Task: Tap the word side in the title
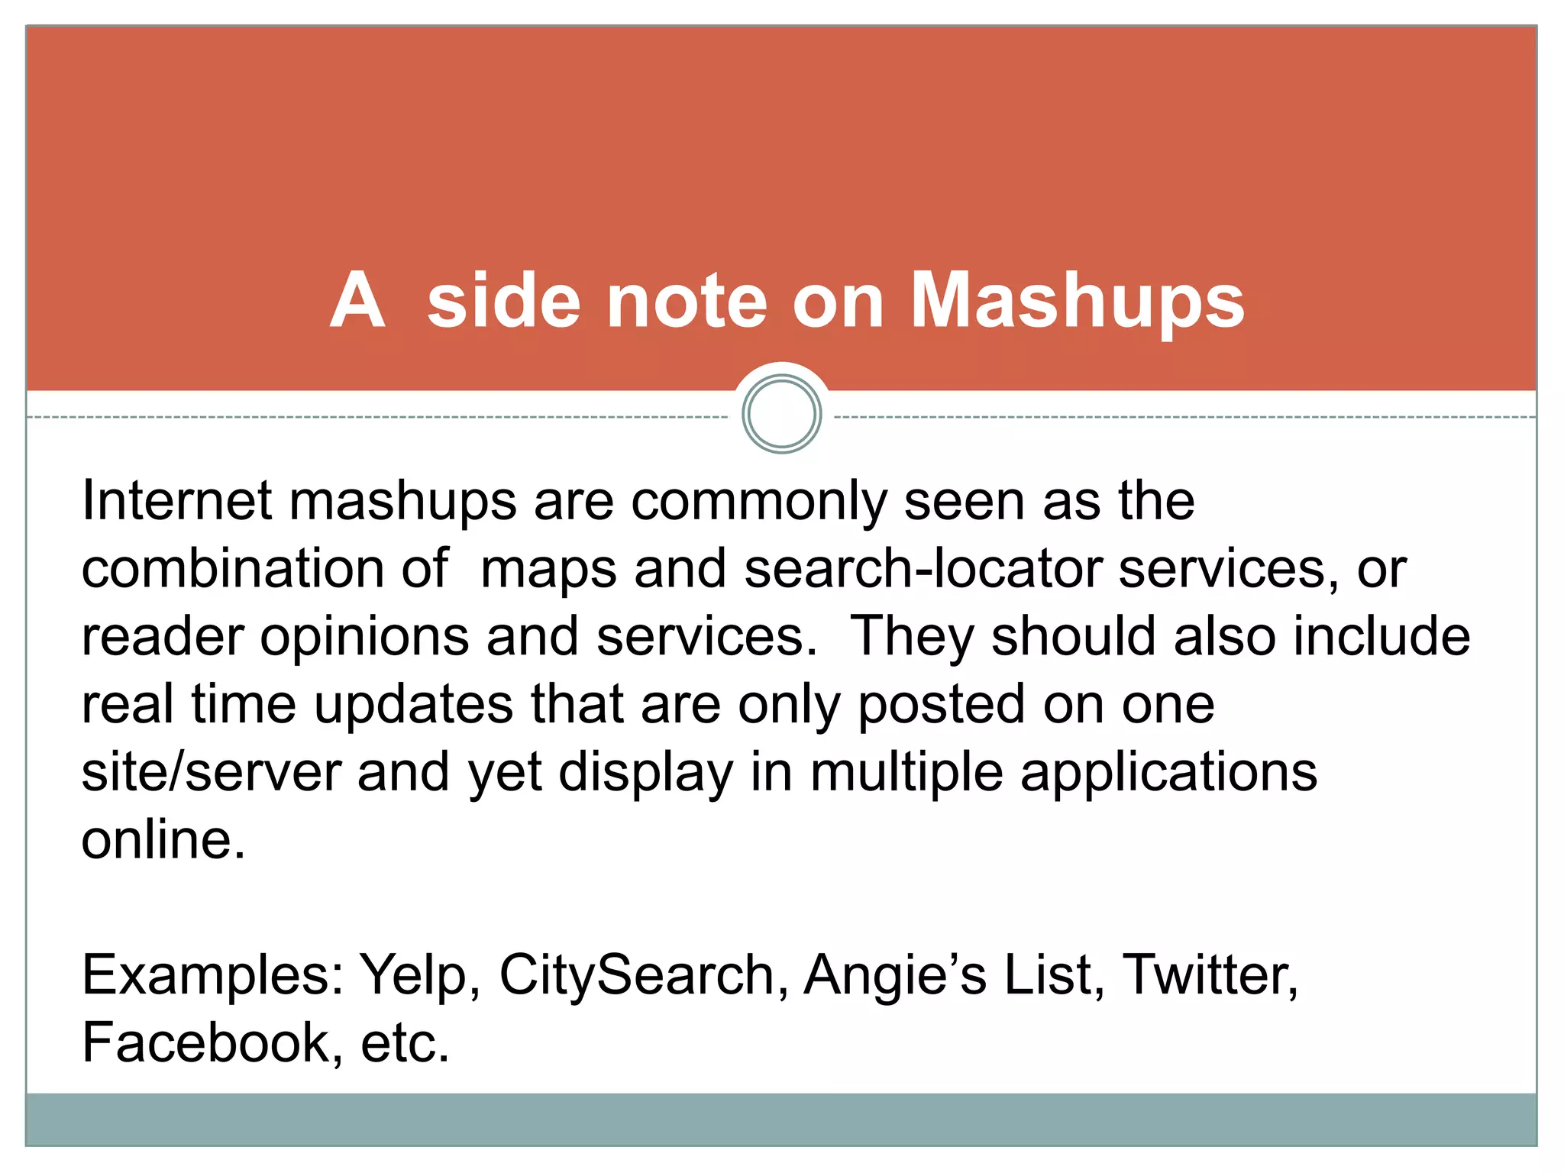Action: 503,302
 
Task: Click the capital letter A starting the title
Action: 357,302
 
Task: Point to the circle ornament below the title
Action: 781,414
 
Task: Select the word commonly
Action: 758,502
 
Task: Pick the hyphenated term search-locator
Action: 923,569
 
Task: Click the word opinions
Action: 364,638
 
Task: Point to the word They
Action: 911,638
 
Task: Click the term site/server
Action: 212,772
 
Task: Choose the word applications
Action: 1168,773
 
